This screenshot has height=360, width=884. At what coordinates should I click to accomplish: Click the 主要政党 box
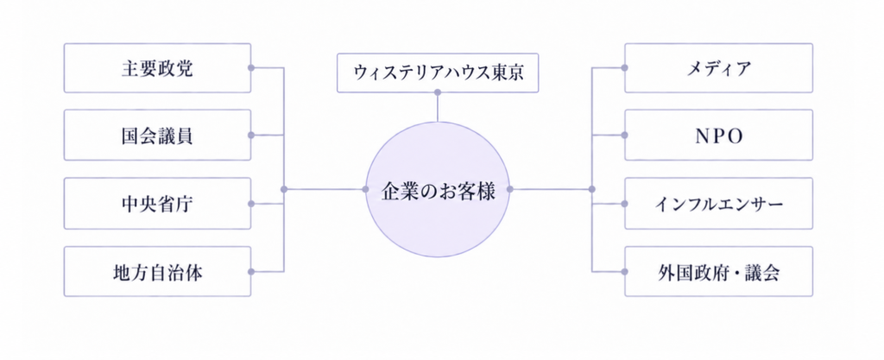(x=157, y=68)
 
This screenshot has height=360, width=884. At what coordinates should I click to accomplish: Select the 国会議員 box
(x=157, y=136)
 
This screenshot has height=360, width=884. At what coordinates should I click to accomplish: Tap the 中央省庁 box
(x=157, y=204)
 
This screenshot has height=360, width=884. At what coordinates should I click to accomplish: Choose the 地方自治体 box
(x=157, y=272)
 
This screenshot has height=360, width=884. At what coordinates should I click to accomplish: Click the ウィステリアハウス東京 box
(x=438, y=73)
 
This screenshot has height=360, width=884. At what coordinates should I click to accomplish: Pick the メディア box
(x=719, y=68)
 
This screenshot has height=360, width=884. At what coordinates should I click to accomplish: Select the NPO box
(x=719, y=136)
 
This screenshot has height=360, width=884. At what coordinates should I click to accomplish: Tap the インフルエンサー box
(x=719, y=204)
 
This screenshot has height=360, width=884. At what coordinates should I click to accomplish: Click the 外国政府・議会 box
(x=719, y=272)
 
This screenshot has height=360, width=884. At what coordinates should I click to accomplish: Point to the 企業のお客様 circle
(x=438, y=189)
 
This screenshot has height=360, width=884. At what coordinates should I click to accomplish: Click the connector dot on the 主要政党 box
(x=251, y=67)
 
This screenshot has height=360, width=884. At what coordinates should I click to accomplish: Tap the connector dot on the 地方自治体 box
(x=251, y=272)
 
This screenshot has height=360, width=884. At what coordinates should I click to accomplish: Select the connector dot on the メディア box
(x=625, y=67)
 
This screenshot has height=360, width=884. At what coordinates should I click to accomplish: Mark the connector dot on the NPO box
(x=625, y=136)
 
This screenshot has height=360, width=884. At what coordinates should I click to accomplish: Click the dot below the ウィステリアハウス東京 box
(x=438, y=92)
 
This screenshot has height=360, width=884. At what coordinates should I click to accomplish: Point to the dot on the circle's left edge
(x=365, y=189)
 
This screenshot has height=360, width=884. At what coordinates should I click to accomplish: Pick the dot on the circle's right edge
(x=510, y=189)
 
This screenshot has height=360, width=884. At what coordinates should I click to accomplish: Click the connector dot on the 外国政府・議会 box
(x=625, y=272)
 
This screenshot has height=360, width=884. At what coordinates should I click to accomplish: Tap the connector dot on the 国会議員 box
(x=251, y=136)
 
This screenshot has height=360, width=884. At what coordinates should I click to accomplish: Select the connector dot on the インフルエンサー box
(x=625, y=204)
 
